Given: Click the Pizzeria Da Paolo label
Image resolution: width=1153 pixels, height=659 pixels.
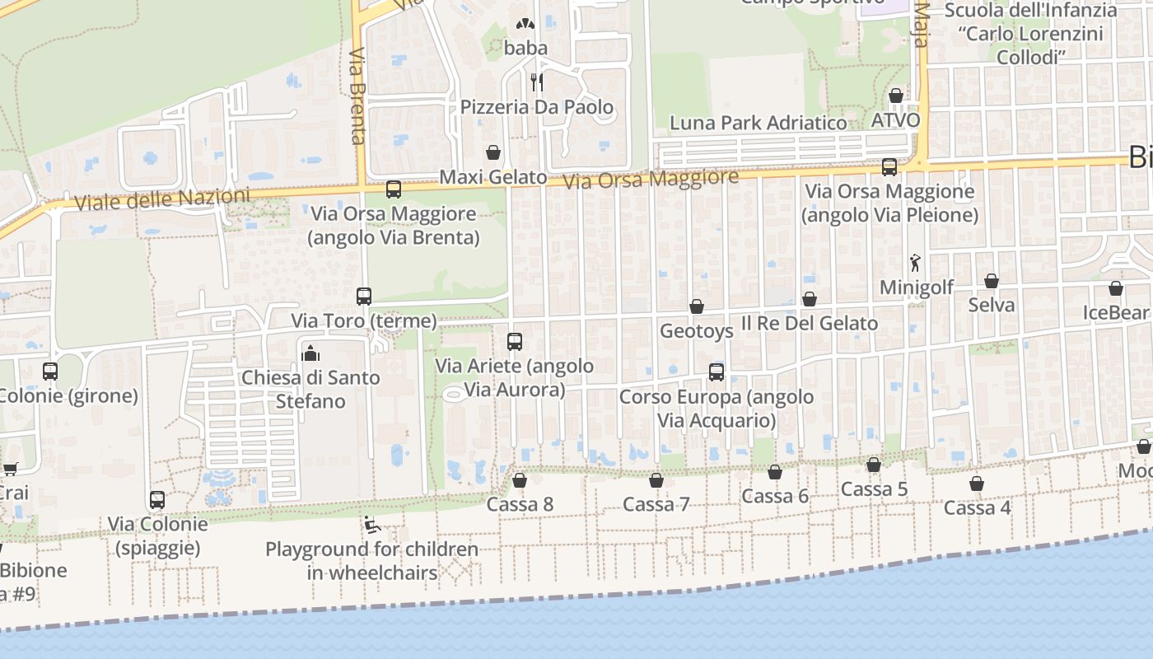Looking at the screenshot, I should [537, 107].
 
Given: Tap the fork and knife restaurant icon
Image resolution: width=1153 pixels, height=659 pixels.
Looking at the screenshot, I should [537, 81].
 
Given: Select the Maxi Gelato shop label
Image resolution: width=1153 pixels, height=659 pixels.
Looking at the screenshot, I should [493, 177].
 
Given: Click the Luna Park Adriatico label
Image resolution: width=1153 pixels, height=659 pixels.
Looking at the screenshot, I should [758, 124].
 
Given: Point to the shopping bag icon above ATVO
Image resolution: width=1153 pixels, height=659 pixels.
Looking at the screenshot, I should [896, 96].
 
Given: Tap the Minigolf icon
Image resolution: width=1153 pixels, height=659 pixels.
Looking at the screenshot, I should [915, 264].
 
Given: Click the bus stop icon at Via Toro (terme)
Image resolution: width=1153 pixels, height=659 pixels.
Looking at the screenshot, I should [364, 297].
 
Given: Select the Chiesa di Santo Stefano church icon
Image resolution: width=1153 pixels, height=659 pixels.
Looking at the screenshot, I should [310, 354].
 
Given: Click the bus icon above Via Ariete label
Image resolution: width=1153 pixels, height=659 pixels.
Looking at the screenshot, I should [515, 341].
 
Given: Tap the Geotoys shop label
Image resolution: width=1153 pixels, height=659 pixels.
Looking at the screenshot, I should [697, 331].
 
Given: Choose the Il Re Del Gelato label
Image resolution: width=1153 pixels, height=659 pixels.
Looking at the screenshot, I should [810, 323].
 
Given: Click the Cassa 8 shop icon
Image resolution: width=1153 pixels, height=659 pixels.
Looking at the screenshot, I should [520, 480].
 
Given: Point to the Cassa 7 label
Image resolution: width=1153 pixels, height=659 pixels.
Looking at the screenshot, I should [656, 504].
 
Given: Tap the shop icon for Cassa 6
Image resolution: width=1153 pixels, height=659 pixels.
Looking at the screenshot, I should [775, 472].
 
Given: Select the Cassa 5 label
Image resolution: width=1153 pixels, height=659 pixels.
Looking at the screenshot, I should [874, 489].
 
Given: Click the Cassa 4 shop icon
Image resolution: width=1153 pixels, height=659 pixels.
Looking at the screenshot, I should [977, 484].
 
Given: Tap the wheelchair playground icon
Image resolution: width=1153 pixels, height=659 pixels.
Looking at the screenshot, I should [371, 524].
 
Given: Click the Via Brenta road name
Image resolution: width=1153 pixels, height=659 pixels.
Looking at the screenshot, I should [357, 95].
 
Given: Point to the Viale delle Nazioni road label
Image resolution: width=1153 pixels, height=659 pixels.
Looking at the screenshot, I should [161, 199].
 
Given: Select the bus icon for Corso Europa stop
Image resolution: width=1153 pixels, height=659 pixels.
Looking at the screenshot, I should [717, 372].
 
